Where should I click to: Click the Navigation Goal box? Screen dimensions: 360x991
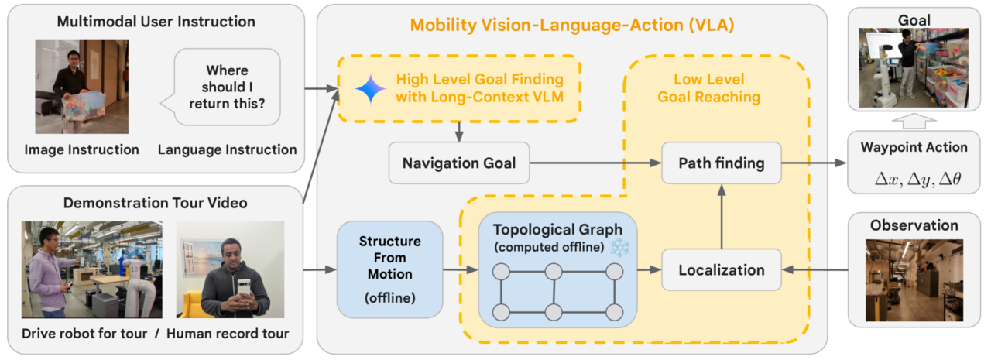pyautogui.click(x=459, y=163)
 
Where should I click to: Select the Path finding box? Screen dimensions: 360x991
pyautogui.click(x=721, y=163)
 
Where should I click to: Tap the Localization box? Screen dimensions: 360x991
pyautogui.click(x=721, y=270)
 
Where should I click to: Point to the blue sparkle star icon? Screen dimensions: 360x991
pyautogui.click(x=370, y=89)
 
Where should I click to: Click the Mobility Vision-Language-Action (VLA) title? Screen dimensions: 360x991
pyautogui.click(x=572, y=26)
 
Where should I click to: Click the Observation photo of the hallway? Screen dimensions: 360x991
pyautogui.click(x=914, y=280)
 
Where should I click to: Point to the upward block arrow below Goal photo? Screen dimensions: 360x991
pyautogui.click(x=914, y=121)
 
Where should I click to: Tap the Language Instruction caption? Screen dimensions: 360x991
pyautogui.click(x=227, y=150)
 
